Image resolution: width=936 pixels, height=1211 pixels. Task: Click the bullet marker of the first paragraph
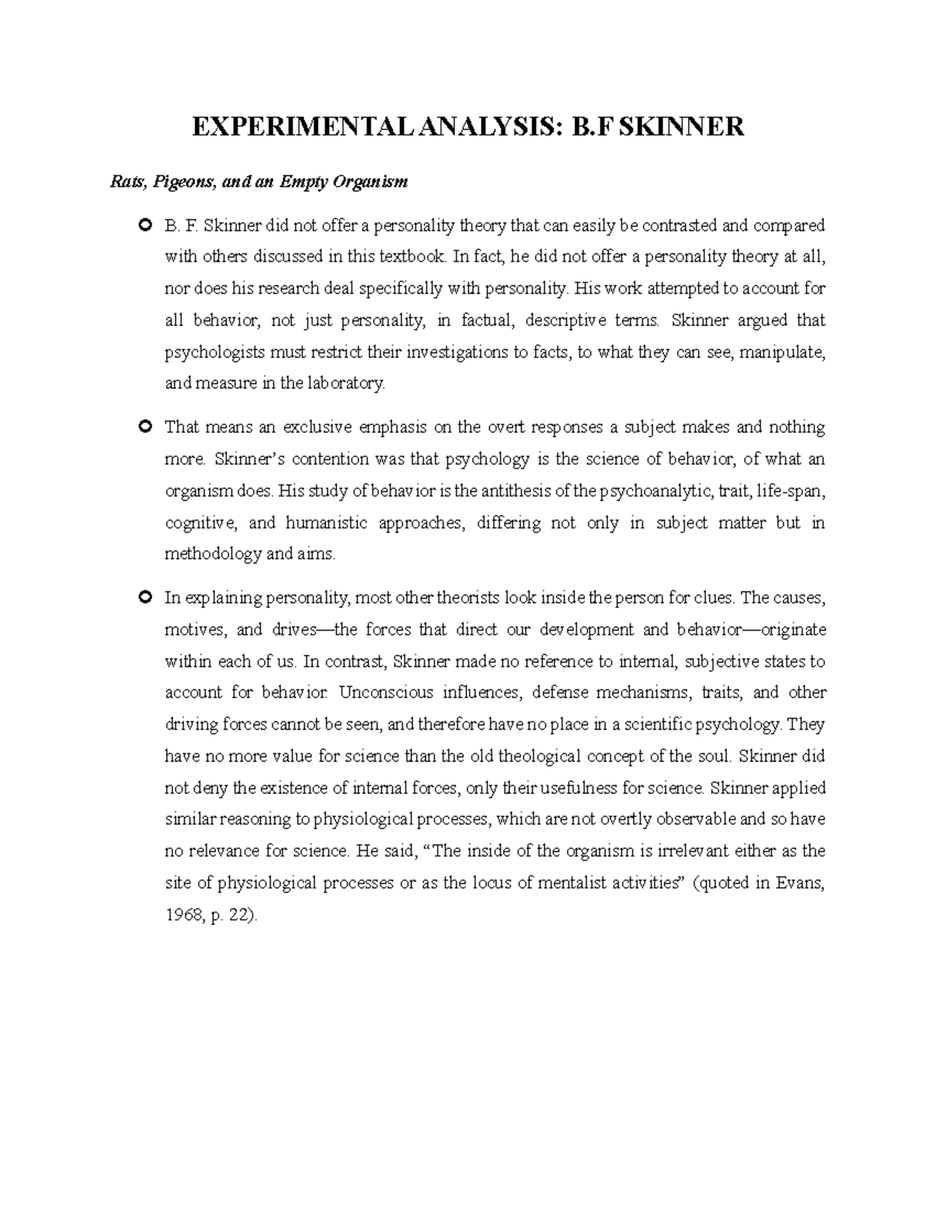(143, 226)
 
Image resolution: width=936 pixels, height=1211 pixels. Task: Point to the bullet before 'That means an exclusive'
(143, 427)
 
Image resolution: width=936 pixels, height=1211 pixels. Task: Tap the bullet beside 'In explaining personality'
(143, 598)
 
